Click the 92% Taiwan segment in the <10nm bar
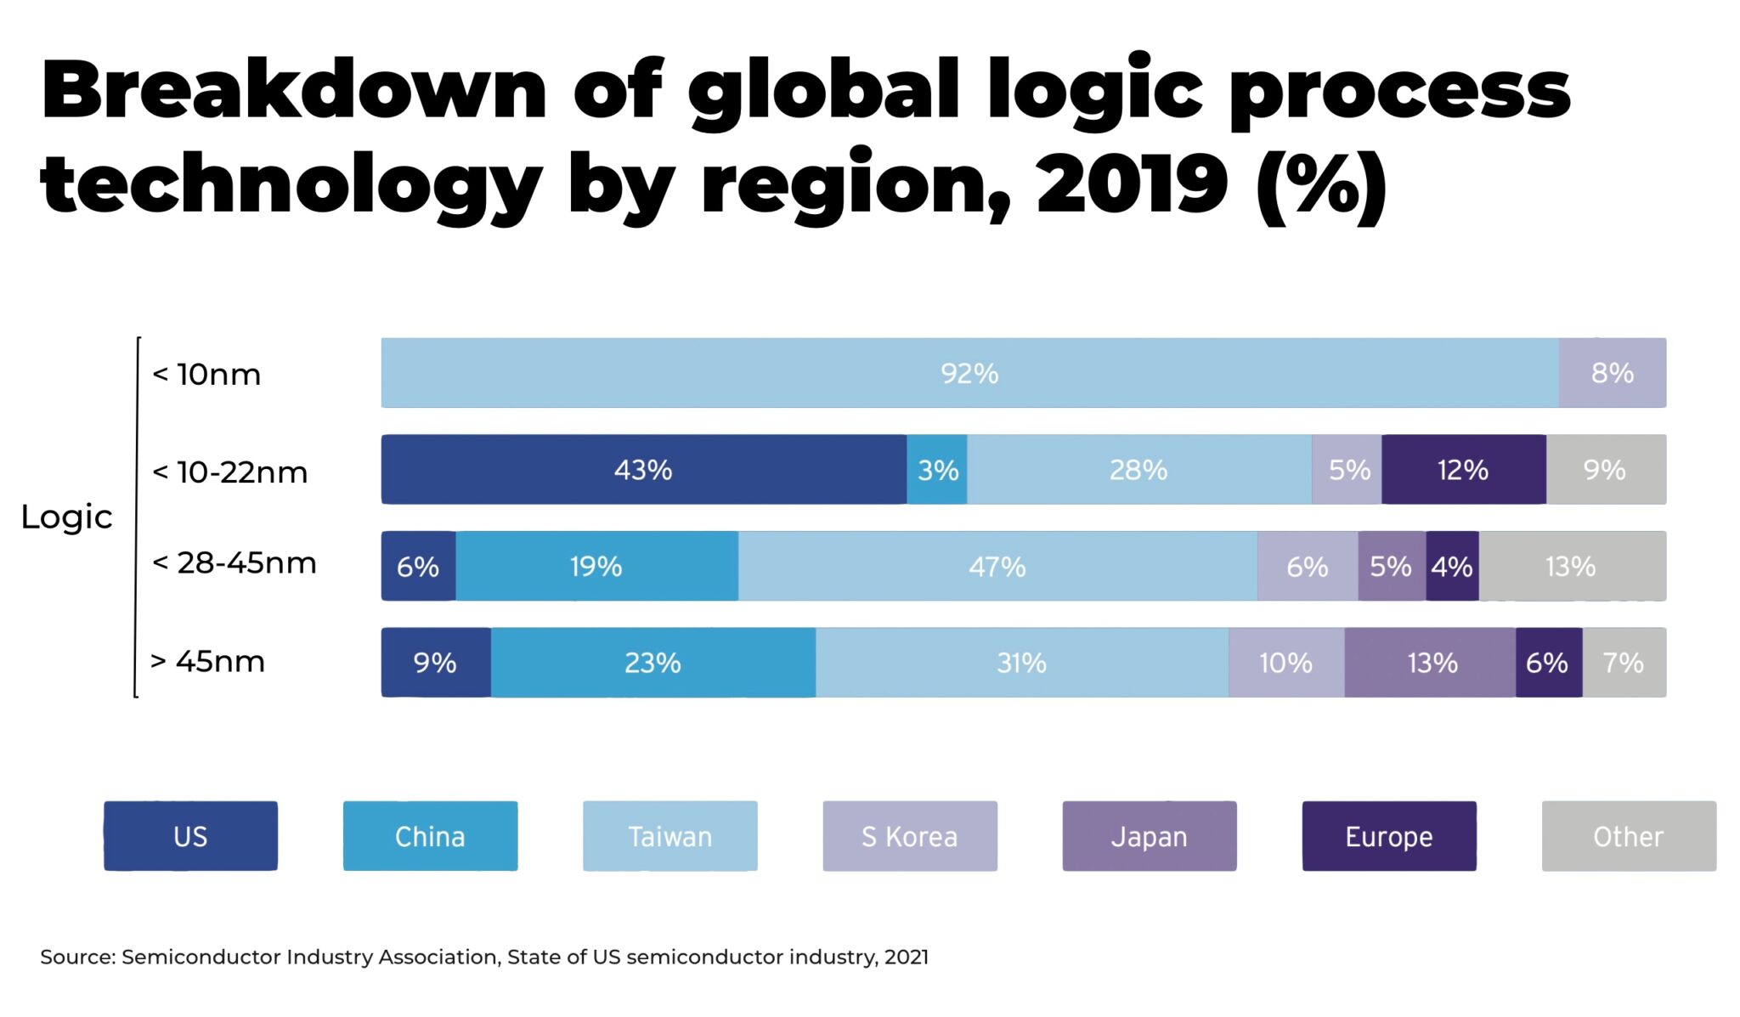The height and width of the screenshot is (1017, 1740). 969,373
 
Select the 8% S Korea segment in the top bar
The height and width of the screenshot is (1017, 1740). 1612,373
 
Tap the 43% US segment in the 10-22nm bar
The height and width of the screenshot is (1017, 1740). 643,470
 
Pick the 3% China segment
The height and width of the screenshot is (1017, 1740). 937,470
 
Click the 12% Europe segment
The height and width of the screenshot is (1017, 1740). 1463,470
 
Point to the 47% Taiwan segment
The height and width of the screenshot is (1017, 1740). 997,567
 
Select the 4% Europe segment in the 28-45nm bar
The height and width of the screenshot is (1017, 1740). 1452,567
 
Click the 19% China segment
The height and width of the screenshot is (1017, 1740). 596,567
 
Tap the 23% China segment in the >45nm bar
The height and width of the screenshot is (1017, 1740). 652,663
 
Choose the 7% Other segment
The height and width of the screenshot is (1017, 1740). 1624,663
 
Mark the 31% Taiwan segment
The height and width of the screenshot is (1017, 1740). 1021,663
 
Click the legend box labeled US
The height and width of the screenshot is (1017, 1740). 190,836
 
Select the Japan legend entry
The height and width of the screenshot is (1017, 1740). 1149,836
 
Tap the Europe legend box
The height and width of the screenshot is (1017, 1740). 1388,836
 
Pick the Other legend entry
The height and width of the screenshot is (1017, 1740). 1628,836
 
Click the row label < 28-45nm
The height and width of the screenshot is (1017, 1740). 234,562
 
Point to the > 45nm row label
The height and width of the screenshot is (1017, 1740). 208,661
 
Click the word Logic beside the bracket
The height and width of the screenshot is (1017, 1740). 66,517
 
